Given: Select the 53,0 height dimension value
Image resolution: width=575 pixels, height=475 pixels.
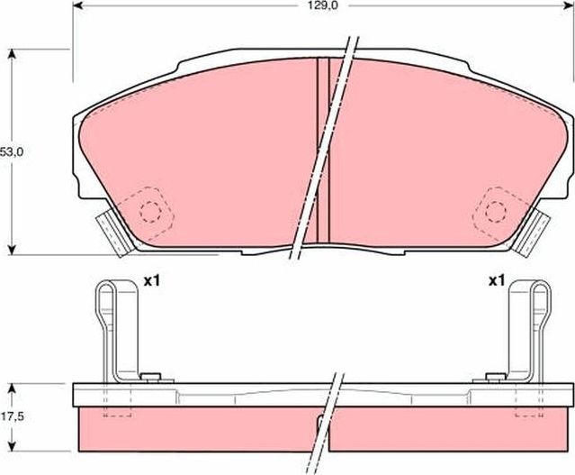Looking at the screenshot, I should [x=11, y=152].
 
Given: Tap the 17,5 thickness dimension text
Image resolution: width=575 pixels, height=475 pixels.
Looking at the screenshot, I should [x=11, y=417].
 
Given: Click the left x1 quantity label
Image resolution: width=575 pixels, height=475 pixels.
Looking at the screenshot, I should [x=151, y=281].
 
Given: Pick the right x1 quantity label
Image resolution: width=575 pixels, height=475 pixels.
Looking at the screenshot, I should [x=496, y=281].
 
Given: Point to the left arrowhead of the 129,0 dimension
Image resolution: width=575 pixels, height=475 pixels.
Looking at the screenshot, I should [x=76, y=5].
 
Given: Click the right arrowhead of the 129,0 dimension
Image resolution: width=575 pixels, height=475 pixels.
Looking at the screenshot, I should [x=569, y=5].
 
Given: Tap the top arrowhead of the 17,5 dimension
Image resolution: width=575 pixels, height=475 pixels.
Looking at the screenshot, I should [x=12, y=388].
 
